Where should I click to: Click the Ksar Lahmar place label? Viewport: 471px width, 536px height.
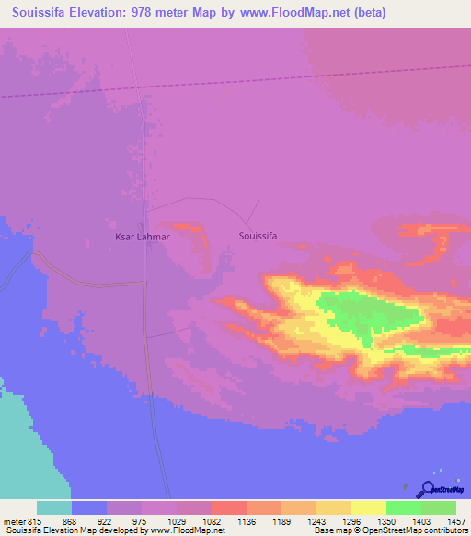tap(142, 238)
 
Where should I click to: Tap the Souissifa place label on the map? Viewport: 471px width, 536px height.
tap(258, 236)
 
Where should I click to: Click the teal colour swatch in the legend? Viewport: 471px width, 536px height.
tap(53, 507)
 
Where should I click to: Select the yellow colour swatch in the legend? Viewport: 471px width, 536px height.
tap(368, 507)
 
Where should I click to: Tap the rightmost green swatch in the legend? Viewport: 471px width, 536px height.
tap(438, 507)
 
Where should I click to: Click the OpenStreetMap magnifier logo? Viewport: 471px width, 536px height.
tap(429, 490)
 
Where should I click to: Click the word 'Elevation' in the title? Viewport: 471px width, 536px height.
tap(97, 12)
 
